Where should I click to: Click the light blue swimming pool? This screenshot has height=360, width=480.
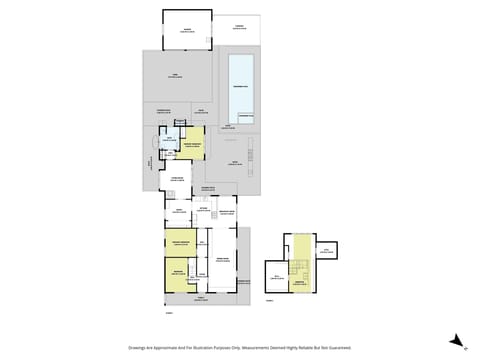241,87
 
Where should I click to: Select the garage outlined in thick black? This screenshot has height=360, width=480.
187,29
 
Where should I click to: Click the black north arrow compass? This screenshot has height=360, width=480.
456,340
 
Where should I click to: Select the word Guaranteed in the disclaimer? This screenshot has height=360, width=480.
340,348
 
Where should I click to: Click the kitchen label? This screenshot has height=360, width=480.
203,211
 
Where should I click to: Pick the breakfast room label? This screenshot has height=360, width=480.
226,212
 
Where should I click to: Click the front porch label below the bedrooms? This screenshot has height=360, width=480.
200,298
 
